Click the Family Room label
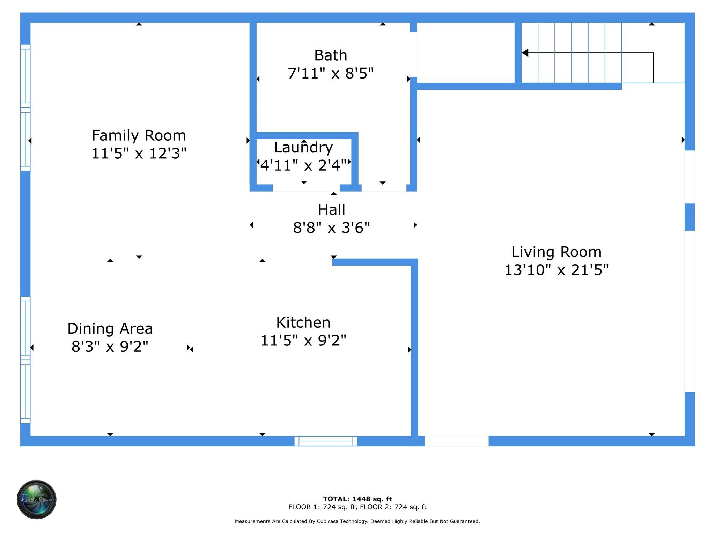pos(139,135)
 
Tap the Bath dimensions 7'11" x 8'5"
pos(330,74)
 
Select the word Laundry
pos(303,148)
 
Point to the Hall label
pos(331,210)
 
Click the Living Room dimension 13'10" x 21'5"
pos(556,270)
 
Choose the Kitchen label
pos(303,322)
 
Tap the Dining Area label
pos(110,329)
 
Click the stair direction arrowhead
pos(525,53)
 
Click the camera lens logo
pos(37,499)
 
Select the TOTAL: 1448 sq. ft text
pos(357,499)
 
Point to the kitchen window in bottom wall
pos(326,441)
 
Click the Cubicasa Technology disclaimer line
pos(357,521)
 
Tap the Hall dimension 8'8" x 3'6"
pos(331,228)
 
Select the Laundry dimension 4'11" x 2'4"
pos(303,165)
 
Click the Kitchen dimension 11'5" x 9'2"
pos(303,340)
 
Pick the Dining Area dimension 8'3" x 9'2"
pos(110,347)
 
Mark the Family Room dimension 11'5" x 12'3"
pos(139,154)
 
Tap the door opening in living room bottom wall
pos(456,441)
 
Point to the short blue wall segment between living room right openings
pos(690,217)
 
